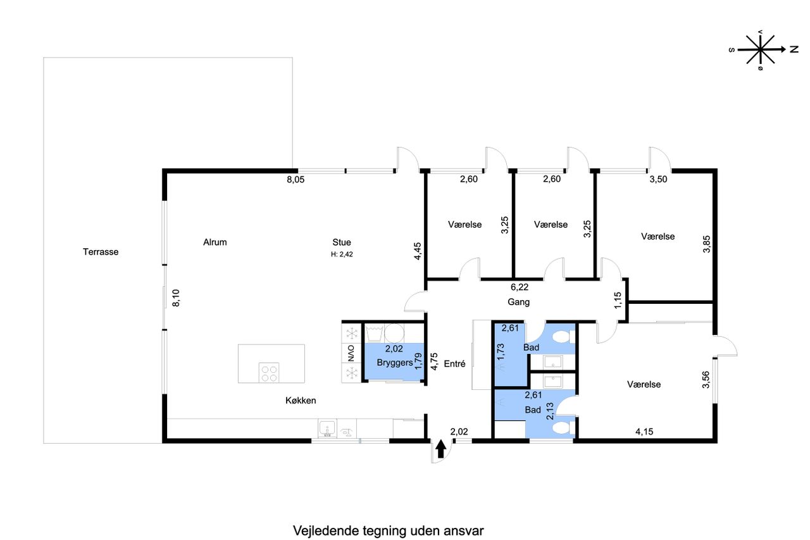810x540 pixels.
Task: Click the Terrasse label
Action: pos(101,252)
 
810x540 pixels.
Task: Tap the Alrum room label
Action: pos(215,242)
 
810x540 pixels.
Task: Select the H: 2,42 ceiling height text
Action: pos(342,254)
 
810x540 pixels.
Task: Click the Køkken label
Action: pos(301,400)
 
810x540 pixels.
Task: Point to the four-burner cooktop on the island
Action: pos(269,373)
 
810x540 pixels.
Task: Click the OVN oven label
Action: pos(351,353)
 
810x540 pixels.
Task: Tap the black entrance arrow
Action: pos(440,449)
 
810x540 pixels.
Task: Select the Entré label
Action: pos(454,364)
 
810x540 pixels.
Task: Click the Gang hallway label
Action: pos(518,302)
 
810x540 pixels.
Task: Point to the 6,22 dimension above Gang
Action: pos(520,287)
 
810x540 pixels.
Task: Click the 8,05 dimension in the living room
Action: pos(296,179)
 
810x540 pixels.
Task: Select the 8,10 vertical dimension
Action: pos(176,298)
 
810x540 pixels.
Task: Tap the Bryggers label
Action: pos(395,363)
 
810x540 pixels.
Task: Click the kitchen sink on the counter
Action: pos(327,429)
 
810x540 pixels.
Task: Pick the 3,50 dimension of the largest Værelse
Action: pos(658,179)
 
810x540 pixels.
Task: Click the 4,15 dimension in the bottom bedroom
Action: pos(644,432)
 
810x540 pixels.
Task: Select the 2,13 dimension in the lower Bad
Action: pos(550,411)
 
